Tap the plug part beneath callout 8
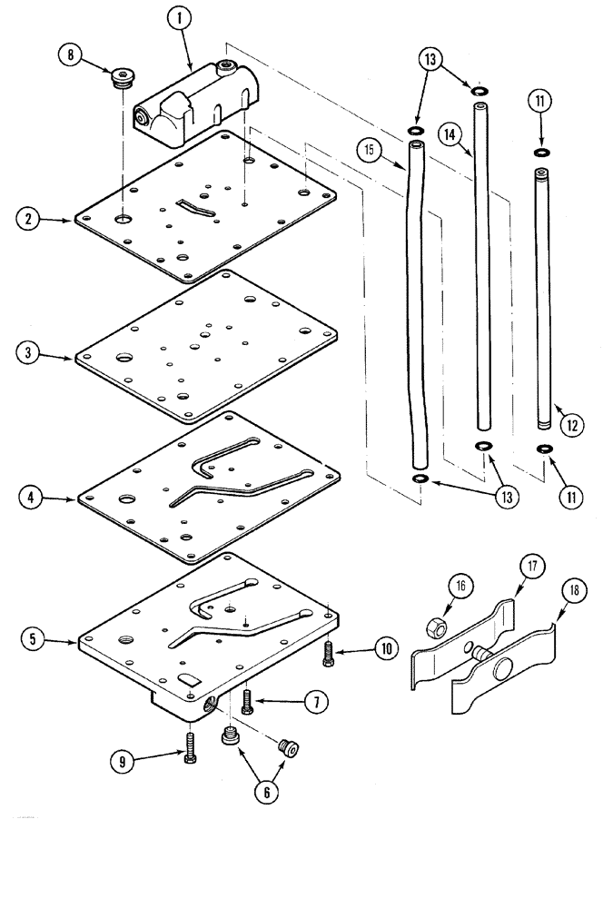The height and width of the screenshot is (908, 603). click(120, 83)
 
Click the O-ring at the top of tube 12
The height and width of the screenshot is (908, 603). click(540, 152)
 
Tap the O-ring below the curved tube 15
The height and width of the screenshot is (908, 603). click(420, 478)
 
